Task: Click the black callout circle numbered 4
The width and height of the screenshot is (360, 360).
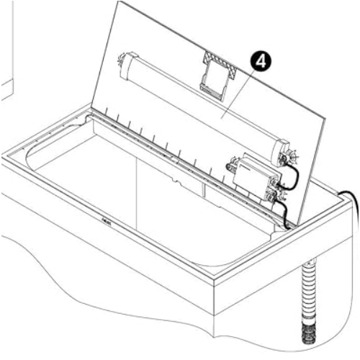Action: click(261, 62)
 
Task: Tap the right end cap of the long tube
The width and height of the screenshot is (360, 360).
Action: click(282, 153)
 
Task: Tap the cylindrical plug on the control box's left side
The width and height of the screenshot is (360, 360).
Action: click(233, 165)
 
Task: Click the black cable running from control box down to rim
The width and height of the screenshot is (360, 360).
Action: click(284, 211)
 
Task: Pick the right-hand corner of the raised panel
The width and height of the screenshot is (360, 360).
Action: click(325, 117)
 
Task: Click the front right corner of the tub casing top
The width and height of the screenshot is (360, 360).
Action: click(214, 279)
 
